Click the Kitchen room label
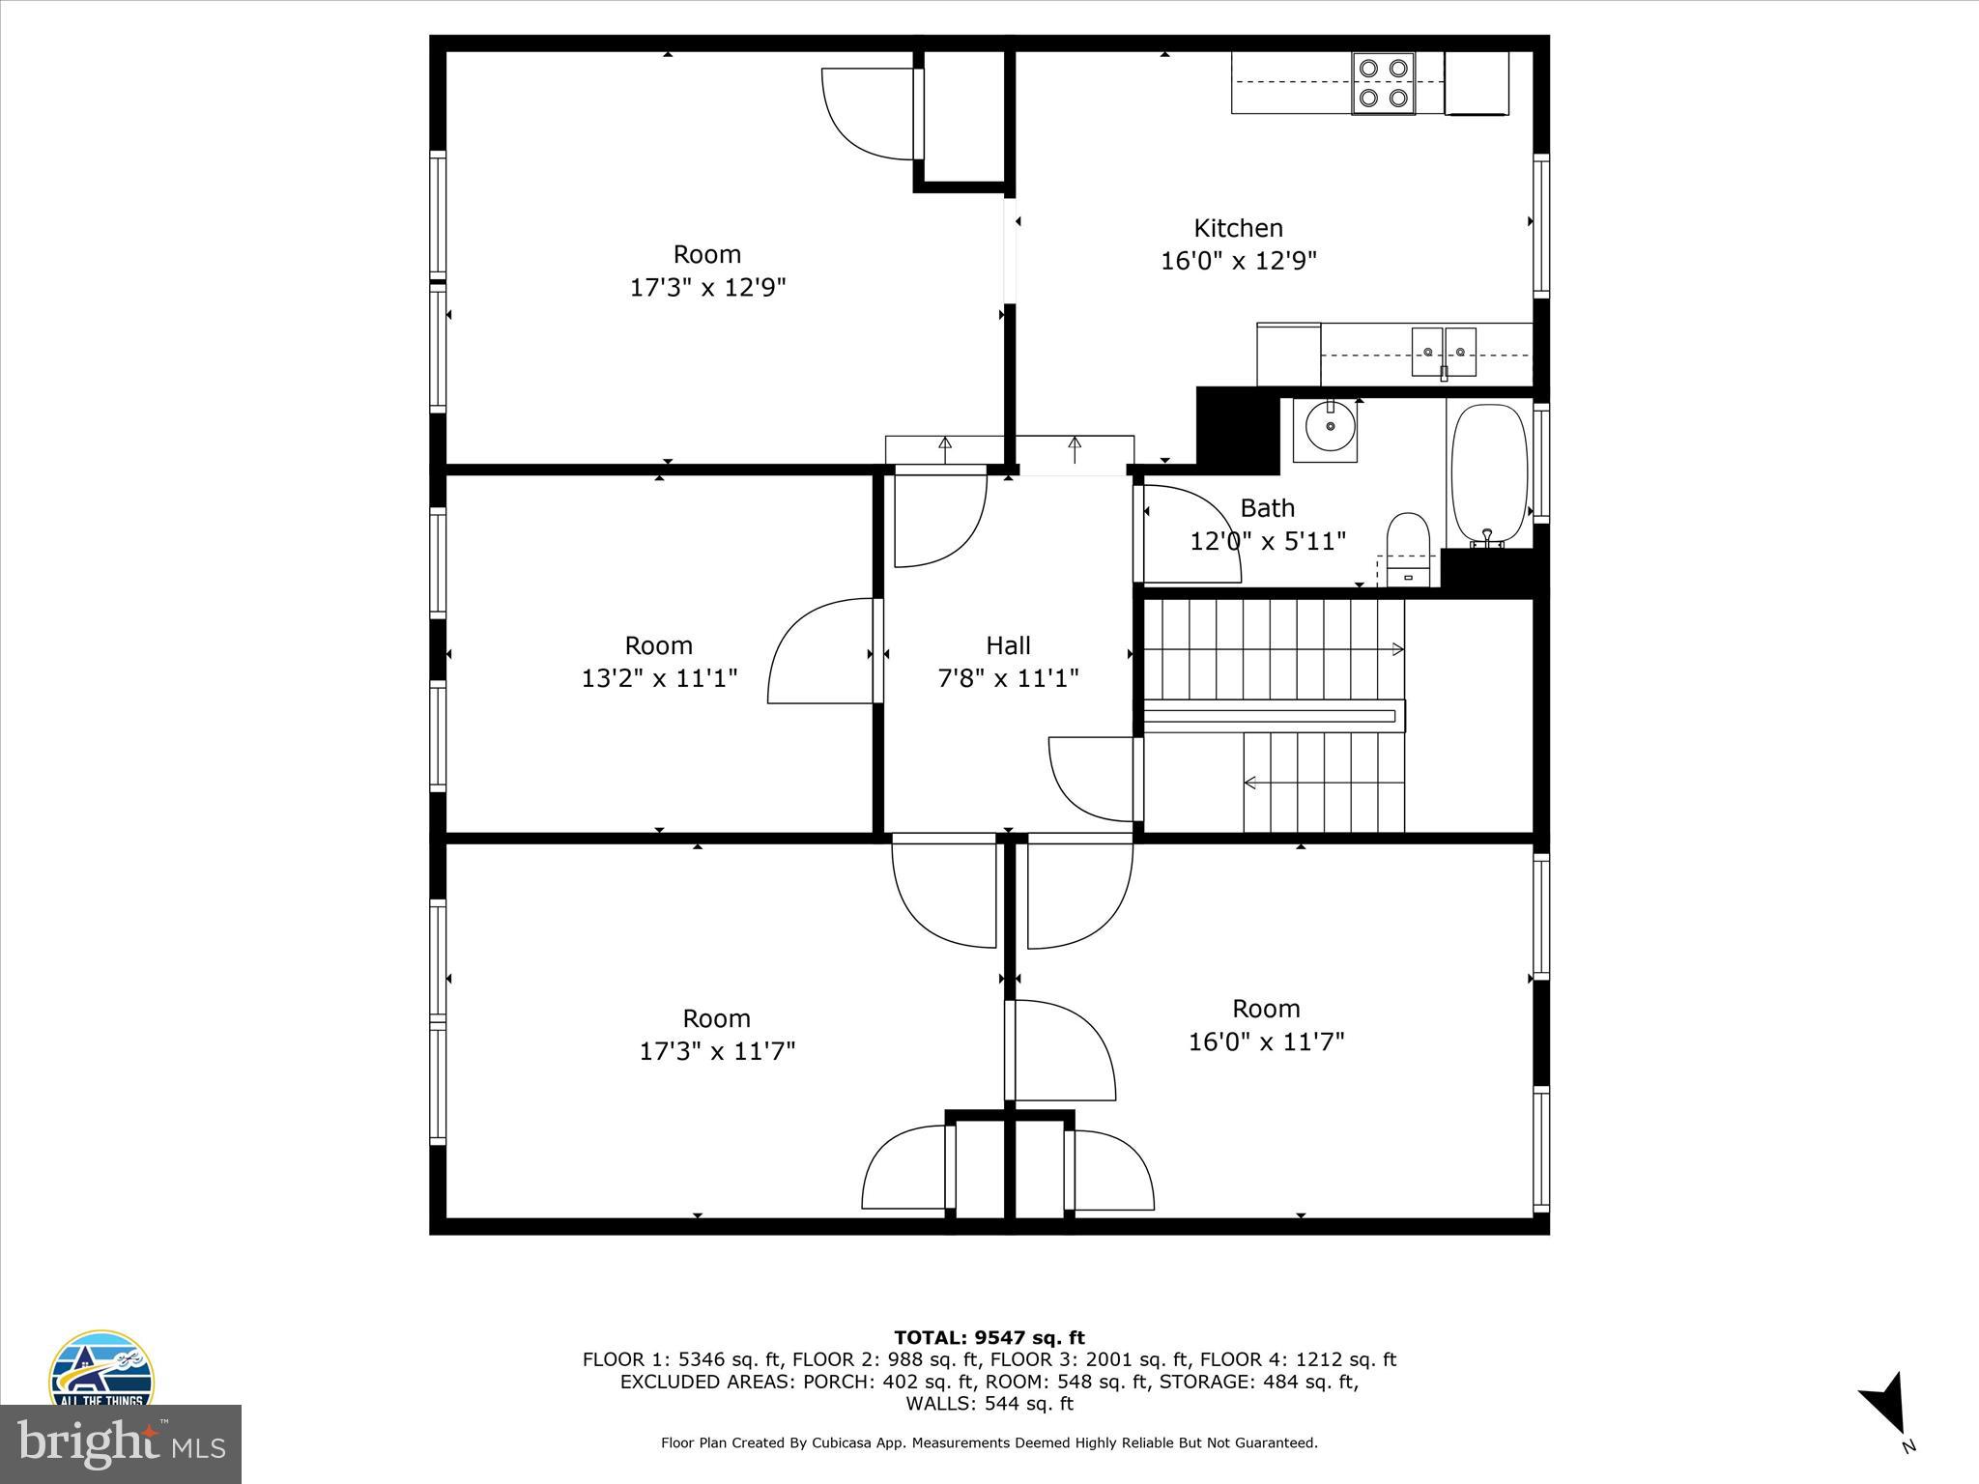tap(1238, 229)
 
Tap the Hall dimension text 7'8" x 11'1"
tap(1008, 678)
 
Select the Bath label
tap(1267, 508)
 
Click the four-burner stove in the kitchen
tap(1383, 83)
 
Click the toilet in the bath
tap(1408, 550)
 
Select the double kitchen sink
tap(1444, 352)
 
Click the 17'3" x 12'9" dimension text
tap(708, 288)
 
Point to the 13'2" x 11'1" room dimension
tap(659, 678)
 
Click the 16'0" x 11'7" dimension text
tap(1266, 1042)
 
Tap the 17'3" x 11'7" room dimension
tap(717, 1051)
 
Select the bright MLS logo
tap(121, 1444)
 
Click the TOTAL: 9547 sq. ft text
tap(989, 1338)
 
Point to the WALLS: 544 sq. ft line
tap(989, 1404)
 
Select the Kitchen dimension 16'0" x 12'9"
tap(1239, 261)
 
